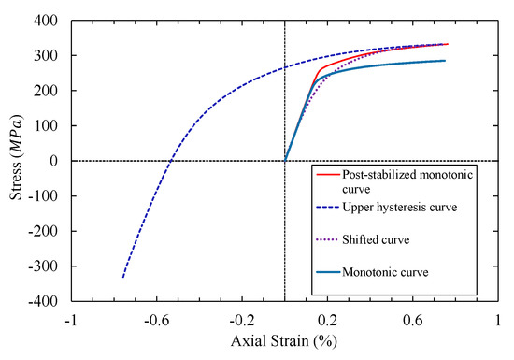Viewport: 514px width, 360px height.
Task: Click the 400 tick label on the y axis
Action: pyautogui.click(x=50, y=21)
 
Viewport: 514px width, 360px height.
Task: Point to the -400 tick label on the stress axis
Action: pyautogui.click(x=47, y=302)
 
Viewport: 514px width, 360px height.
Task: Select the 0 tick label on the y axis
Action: pyautogui.click(x=57, y=161)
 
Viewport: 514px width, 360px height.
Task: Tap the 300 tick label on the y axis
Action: pyautogui.click(x=50, y=56)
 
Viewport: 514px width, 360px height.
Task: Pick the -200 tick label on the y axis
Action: pyautogui.click(x=47, y=232)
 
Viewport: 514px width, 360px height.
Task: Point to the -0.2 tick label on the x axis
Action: pyautogui.click(x=241, y=319)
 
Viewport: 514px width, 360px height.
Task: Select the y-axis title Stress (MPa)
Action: pyautogui.click(x=15, y=161)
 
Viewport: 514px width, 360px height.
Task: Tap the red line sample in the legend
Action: pyautogui.click(x=326, y=173)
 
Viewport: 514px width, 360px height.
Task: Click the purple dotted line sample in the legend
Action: pyautogui.click(x=326, y=239)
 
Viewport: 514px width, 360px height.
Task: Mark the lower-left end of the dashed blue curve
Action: pyautogui.click(x=123, y=277)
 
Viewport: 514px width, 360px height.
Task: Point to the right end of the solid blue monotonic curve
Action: pyautogui.click(x=445, y=61)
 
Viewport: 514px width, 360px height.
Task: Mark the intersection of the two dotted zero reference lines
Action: pyautogui.click(x=284, y=161)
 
